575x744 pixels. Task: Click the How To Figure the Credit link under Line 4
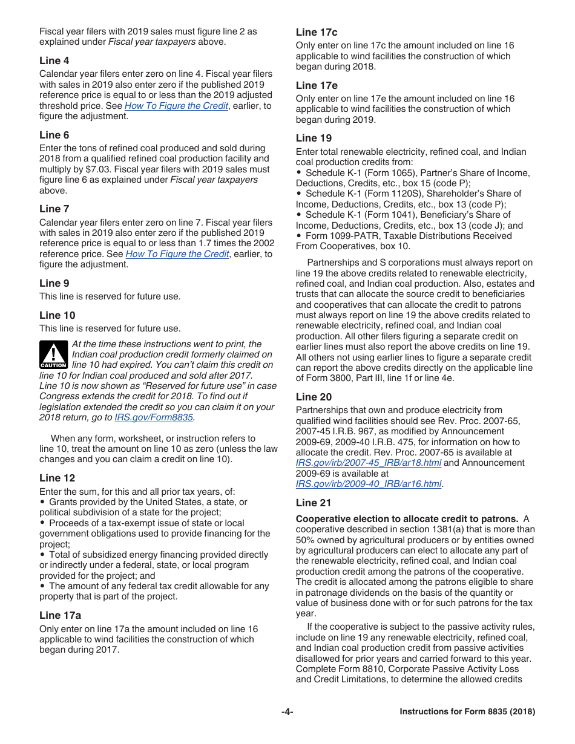pos(176,106)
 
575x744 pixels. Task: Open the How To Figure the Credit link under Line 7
pos(177,254)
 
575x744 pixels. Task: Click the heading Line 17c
pos(317,32)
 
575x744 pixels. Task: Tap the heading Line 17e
pos(317,85)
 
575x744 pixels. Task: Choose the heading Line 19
pos(314,138)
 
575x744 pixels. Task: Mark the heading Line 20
pos(314,397)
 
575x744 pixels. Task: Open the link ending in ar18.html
pos(368,463)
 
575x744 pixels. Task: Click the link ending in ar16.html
pos(368,484)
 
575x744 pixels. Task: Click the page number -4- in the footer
pos(287,712)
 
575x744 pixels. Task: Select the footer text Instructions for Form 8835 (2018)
pos(467,712)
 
